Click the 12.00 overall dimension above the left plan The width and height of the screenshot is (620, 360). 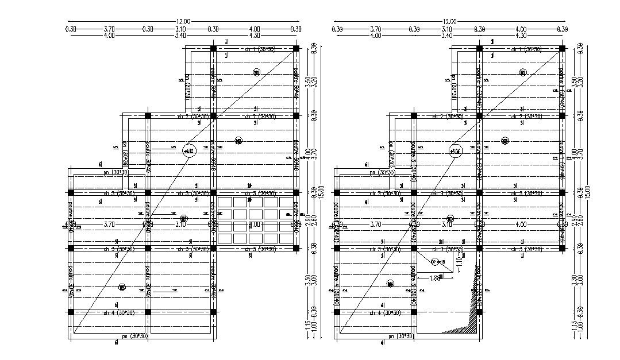182,22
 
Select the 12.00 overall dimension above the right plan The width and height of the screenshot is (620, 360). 449,22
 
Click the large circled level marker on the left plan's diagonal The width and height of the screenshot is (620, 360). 189,151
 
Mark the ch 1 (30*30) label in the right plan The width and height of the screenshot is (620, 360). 526,49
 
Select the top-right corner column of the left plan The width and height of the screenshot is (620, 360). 296,49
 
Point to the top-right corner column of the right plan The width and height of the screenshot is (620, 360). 563,49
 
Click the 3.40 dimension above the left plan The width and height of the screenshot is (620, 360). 180,36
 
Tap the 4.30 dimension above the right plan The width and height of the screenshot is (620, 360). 521,36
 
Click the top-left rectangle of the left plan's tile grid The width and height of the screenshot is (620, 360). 225,202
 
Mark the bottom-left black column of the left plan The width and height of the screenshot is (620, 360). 71,312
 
